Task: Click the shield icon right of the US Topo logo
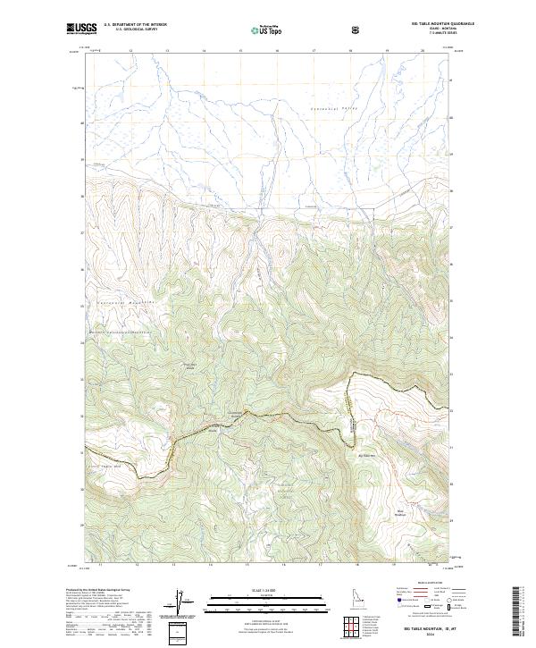(x=357, y=29)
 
